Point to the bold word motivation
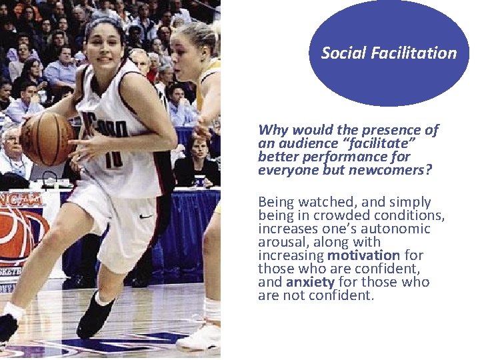pos(363,255)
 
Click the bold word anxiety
pos(310,282)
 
